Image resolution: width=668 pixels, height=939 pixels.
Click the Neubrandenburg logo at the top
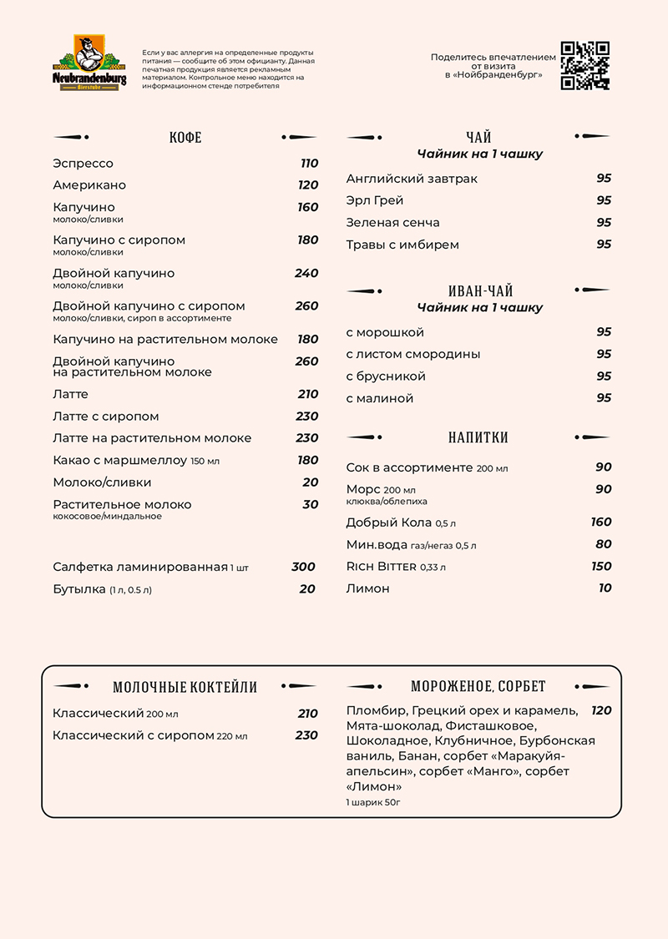click(89, 63)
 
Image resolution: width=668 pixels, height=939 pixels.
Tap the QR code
click(584, 65)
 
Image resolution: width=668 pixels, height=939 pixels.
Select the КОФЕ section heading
click(185, 138)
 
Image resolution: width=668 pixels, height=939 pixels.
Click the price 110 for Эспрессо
click(309, 164)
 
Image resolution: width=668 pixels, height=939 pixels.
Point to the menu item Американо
click(89, 185)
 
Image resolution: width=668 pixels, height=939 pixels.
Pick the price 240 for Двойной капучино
click(306, 273)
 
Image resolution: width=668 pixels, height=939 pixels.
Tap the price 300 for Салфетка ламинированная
click(303, 567)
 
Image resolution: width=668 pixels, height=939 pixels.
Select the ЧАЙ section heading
click(478, 138)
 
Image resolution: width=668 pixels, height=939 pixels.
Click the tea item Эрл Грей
click(375, 200)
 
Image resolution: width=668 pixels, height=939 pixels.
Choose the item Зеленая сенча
click(392, 223)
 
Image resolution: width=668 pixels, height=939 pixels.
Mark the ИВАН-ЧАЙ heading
click(480, 291)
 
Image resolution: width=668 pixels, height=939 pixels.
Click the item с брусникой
click(386, 376)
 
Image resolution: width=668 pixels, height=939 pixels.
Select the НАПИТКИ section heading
click(478, 437)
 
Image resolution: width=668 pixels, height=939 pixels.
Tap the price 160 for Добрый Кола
click(601, 523)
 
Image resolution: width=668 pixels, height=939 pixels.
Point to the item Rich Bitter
click(381, 567)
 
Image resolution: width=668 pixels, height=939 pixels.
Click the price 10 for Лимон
click(605, 588)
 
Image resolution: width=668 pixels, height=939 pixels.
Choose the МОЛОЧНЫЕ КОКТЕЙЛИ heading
click(185, 688)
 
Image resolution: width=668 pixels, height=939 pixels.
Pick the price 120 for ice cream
click(601, 710)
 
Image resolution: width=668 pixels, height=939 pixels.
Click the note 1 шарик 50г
click(373, 802)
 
